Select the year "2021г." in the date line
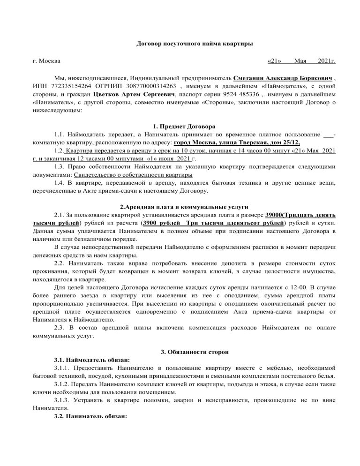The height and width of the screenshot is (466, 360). pyautogui.click(x=326, y=61)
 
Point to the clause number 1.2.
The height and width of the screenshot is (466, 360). pyautogui.click(x=59, y=151)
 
